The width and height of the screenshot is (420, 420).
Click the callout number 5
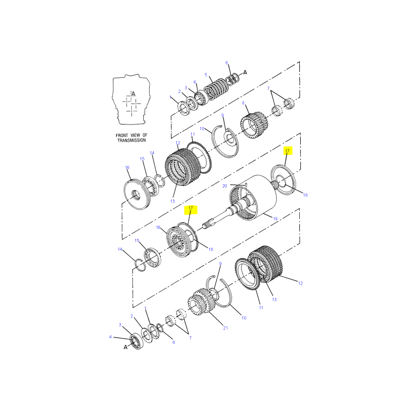[x=206, y=75]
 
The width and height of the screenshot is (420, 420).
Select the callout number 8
[x=243, y=103]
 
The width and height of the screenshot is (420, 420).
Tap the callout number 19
[x=275, y=218]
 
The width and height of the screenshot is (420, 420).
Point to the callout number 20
[x=225, y=186]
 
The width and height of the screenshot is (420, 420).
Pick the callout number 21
[x=226, y=328]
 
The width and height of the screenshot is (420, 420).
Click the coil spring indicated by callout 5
[x=216, y=89]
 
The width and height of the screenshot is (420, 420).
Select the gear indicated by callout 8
[x=254, y=125]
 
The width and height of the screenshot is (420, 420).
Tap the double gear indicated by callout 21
[x=202, y=302]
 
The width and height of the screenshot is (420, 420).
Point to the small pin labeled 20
[x=245, y=185]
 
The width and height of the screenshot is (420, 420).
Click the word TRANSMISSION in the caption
[x=132, y=140]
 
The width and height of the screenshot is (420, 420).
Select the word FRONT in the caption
[x=122, y=135]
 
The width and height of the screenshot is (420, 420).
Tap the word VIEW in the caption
[x=135, y=135]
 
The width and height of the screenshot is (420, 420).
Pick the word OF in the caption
[x=145, y=135]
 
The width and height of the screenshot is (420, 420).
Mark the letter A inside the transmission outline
[x=133, y=94]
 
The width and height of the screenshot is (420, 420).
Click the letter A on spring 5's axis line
[x=245, y=72]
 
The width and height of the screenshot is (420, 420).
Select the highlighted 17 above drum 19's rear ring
[x=287, y=151]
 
